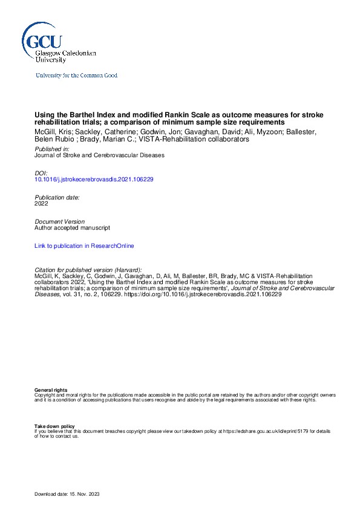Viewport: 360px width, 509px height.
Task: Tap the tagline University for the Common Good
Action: (x=76, y=76)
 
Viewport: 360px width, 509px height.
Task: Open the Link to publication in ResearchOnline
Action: (x=84, y=246)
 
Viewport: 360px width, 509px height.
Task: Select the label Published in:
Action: (x=51, y=149)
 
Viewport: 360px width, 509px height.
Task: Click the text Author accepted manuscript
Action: (x=72, y=228)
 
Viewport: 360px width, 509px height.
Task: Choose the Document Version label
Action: (x=60, y=222)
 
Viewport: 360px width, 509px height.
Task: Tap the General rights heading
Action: (x=51, y=391)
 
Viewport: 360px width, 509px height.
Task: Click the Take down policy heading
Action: (x=54, y=426)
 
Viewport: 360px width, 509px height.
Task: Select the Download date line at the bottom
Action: (x=67, y=494)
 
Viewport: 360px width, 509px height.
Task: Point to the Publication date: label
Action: (x=57, y=197)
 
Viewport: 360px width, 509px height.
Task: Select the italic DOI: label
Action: (x=41, y=173)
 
